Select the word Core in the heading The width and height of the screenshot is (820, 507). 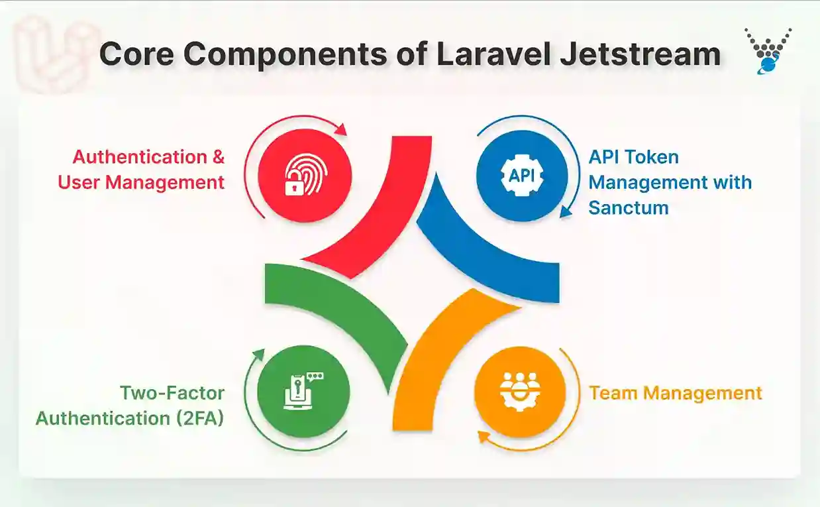point(136,54)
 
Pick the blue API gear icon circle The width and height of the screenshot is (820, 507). point(521,175)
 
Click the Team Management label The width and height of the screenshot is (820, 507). point(676,393)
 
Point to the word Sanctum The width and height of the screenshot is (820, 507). point(629,207)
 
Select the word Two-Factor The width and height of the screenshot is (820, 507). point(172,393)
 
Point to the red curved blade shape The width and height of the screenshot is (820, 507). point(378,212)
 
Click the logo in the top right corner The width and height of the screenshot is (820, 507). point(768,50)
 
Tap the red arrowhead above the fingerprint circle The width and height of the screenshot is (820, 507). point(342,130)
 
